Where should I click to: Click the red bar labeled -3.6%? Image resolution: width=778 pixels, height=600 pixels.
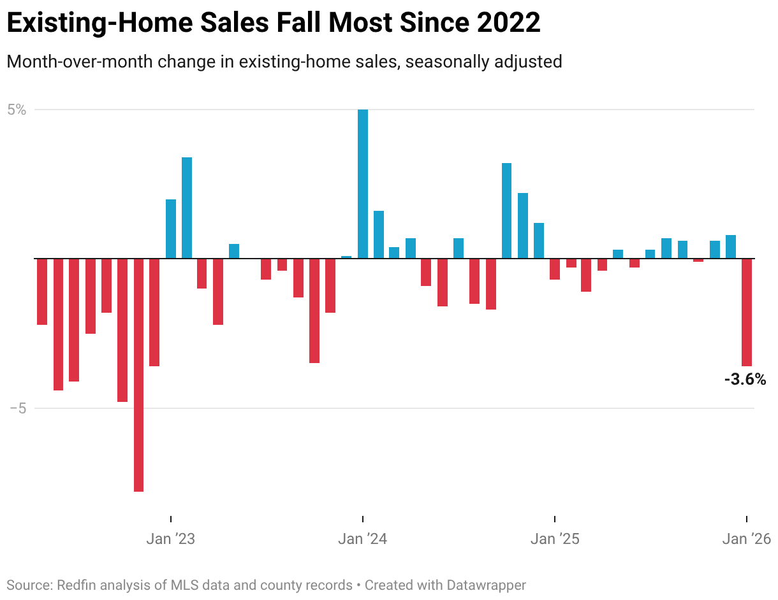tap(746, 312)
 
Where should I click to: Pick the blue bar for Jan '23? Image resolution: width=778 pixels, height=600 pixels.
tap(171, 229)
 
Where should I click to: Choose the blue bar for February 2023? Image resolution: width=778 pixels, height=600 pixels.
tap(187, 208)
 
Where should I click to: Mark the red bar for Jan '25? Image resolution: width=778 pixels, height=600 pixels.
tap(555, 269)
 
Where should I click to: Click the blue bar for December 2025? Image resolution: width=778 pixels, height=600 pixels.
tap(731, 246)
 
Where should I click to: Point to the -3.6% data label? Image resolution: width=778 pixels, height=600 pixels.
tap(745, 380)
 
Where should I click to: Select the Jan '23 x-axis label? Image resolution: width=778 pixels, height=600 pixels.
tap(170, 539)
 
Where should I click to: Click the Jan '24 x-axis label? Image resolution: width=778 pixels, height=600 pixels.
tap(363, 539)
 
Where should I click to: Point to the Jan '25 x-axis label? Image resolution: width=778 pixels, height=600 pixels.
tap(555, 539)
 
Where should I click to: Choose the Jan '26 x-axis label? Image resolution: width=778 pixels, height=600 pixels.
tap(746, 539)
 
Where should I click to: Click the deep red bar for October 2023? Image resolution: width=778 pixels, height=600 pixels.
tap(314, 310)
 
